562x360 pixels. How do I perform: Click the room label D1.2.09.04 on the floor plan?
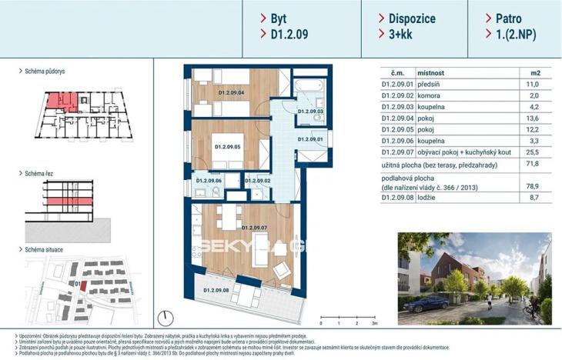coord(231,93)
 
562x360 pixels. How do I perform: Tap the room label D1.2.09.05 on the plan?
coord(228,146)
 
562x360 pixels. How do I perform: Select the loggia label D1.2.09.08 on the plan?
coord(217,290)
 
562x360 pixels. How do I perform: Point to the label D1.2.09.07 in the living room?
coord(254,228)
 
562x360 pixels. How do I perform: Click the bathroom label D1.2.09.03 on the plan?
coord(309,112)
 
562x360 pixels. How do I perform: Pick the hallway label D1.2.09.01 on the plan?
coord(309,139)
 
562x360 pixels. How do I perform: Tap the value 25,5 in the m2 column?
coord(531,154)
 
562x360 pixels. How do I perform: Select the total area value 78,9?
coord(531,186)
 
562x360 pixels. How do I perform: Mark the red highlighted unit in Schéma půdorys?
coord(59,102)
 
